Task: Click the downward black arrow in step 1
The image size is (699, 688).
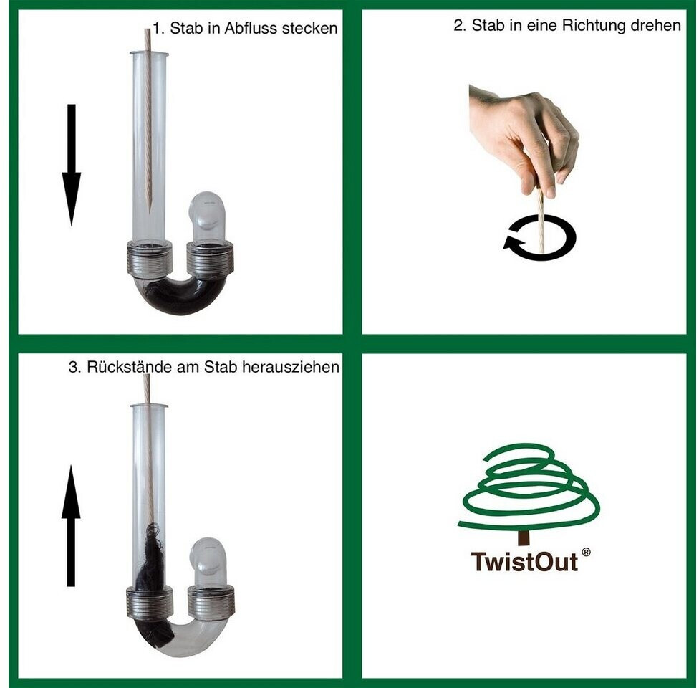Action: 72,165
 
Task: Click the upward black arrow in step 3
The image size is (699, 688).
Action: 71,525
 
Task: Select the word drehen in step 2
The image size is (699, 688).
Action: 656,25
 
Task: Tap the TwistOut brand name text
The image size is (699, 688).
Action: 524,562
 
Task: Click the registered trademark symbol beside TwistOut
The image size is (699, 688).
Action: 587,553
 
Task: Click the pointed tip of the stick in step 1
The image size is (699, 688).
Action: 150,212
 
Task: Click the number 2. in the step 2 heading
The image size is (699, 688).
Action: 460,25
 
